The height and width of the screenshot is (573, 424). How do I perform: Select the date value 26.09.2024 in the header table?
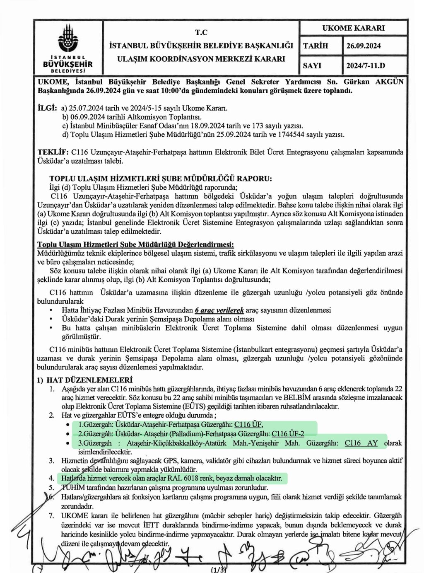[364, 46]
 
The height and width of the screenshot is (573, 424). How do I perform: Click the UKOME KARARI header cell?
[353, 28]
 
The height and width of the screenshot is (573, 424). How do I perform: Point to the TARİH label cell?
[316, 46]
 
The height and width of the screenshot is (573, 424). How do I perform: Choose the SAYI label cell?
[312, 65]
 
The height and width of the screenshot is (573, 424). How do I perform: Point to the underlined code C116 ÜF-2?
[288, 434]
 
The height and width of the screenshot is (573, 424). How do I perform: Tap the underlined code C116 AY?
[361, 443]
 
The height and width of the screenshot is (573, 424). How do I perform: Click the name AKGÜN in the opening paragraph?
[389, 82]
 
